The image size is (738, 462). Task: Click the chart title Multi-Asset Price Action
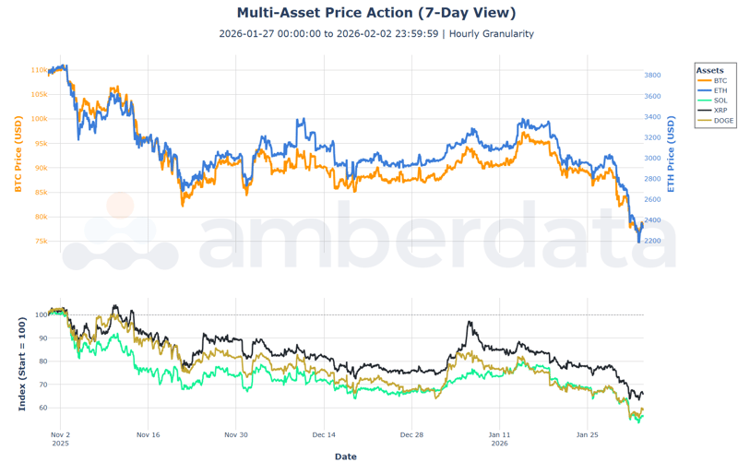pyautogui.click(x=375, y=13)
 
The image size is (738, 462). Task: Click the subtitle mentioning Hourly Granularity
pyautogui.click(x=375, y=34)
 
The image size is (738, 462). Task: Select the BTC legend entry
pyautogui.click(x=720, y=81)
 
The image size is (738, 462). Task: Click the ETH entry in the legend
pyautogui.click(x=720, y=90)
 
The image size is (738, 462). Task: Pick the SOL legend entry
pyautogui.click(x=720, y=101)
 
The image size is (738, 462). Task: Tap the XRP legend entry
pyautogui.click(x=720, y=111)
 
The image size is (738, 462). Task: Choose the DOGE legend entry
pyautogui.click(x=723, y=121)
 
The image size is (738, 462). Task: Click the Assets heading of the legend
pyautogui.click(x=709, y=70)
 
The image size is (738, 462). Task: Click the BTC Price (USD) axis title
pyautogui.click(x=17, y=156)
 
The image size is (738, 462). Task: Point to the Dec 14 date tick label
pyautogui.click(x=324, y=433)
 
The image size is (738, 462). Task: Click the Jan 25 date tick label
pyautogui.click(x=589, y=433)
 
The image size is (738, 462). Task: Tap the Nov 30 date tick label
pyautogui.click(x=236, y=433)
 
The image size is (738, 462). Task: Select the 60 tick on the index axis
pyautogui.click(x=42, y=408)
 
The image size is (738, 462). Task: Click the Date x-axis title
pyautogui.click(x=345, y=456)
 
